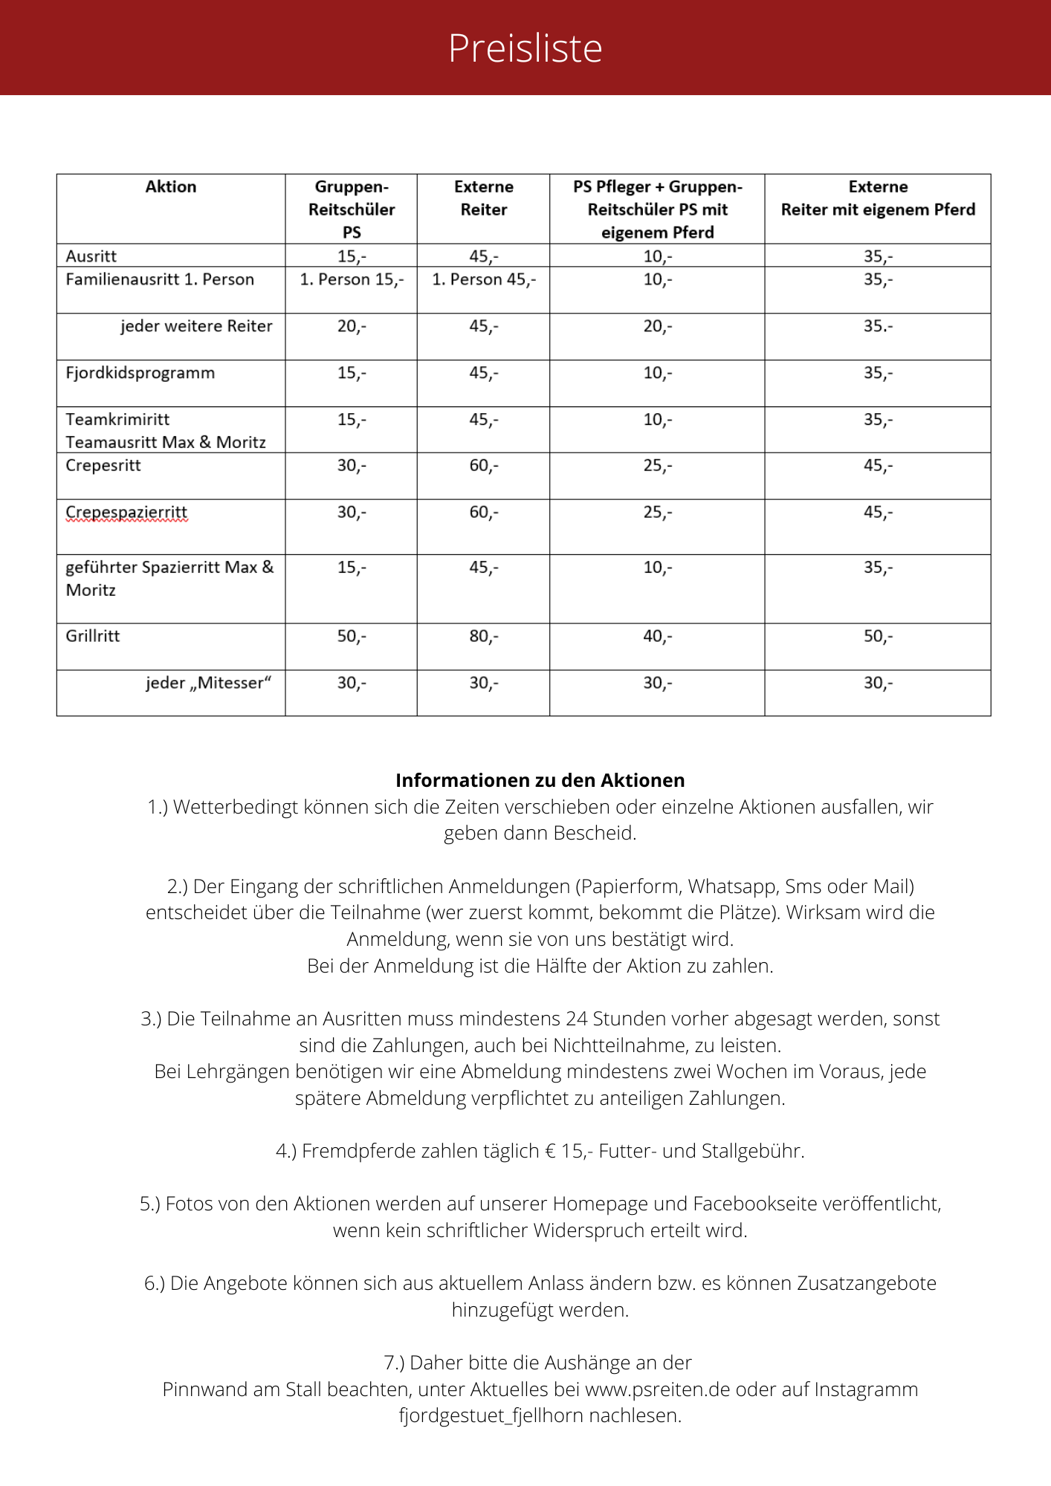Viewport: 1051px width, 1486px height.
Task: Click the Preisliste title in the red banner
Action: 525,48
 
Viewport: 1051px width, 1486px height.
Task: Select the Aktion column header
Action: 171,187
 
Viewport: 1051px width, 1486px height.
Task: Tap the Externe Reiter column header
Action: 483,198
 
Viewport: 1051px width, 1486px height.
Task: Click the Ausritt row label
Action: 91,256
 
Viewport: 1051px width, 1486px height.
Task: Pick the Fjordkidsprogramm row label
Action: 140,373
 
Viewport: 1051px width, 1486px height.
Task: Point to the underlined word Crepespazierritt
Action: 126,513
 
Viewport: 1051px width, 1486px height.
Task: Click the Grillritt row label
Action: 93,636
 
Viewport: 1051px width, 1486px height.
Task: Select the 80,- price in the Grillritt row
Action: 483,637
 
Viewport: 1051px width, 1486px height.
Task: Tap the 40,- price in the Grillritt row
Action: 657,637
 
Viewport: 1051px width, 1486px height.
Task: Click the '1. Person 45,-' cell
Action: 483,280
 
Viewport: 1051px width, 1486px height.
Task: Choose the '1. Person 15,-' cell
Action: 352,280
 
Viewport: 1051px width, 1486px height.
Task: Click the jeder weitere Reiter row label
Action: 196,326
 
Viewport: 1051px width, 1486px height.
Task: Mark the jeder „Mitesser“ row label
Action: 208,683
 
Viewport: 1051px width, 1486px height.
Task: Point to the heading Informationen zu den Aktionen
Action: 540,781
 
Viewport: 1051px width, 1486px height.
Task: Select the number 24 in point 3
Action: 576,1019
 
